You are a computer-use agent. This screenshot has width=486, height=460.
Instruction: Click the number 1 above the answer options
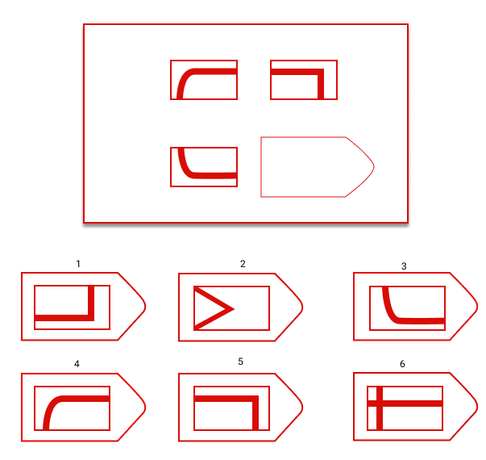pyautogui.click(x=78, y=264)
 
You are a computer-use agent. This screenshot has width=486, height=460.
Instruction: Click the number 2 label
pyautogui.click(x=243, y=264)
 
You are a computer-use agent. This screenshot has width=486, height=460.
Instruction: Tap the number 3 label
pyautogui.click(x=404, y=266)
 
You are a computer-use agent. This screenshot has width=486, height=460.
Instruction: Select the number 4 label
pyautogui.click(x=77, y=364)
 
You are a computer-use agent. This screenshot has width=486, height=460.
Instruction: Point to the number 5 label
pyautogui.click(x=240, y=362)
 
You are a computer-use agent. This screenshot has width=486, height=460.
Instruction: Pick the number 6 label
pyautogui.click(x=402, y=364)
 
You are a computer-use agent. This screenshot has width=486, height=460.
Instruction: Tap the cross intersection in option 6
pyautogui.click(x=380, y=404)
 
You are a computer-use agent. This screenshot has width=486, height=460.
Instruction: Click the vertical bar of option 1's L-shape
pyautogui.click(x=91, y=303)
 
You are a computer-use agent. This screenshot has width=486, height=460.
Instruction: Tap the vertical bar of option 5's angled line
pyautogui.click(x=255, y=413)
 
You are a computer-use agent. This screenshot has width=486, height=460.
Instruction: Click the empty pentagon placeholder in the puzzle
pyautogui.click(x=318, y=167)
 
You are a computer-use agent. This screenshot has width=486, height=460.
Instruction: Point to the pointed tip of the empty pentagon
pyautogui.click(x=374, y=167)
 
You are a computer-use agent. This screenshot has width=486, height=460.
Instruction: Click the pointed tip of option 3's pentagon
pyautogui.click(x=477, y=307)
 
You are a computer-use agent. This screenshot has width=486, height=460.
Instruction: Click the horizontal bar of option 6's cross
pyautogui.click(x=405, y=404)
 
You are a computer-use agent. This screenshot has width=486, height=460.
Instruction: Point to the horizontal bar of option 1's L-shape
pyautogui.click(x=64, y=318)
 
